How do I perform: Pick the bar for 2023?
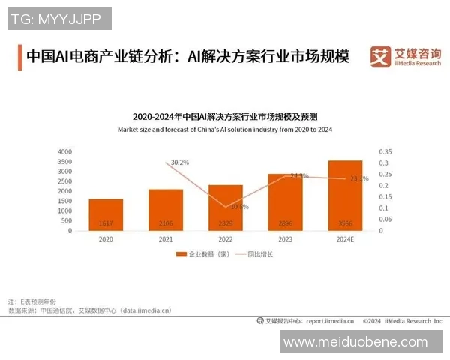point(285,202)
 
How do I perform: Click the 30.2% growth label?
point(180,162)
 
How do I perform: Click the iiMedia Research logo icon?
point(381,55)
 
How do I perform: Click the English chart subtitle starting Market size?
point(225,130)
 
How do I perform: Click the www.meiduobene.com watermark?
point(355,341)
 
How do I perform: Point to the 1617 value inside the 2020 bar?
point(106,224)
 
